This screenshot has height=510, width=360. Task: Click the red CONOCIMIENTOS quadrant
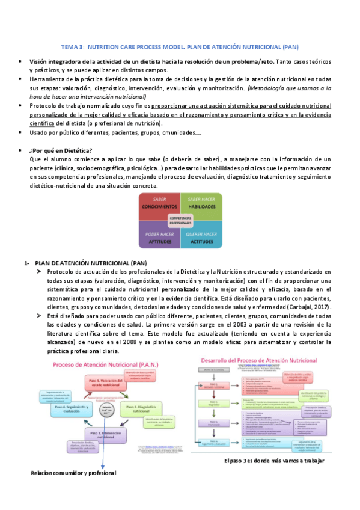[x=159, y=203]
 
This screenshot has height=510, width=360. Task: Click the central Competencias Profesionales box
[x=180, y=220]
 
